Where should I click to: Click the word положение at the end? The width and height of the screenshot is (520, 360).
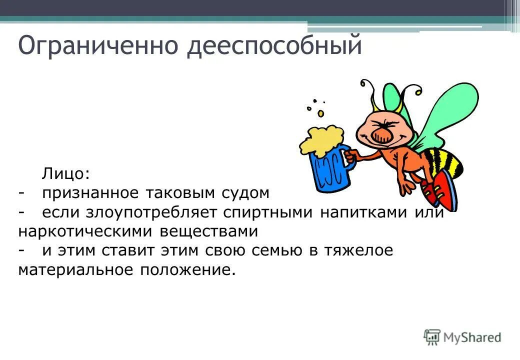pos(186,270)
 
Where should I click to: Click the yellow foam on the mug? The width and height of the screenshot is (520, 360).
pos(322,138)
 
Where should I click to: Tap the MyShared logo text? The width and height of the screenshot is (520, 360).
pos(472,337)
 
